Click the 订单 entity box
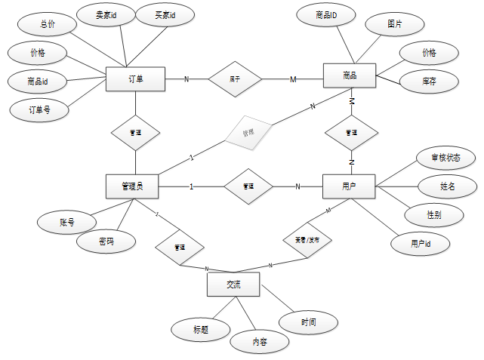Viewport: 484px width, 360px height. click(x=135, y=79)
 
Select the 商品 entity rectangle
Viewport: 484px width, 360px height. click(x=349, y=76)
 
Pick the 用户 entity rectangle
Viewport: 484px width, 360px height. click(x=349, y=186)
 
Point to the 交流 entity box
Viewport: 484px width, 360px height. click(x=233, y=285)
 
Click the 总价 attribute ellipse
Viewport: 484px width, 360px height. click(x=49, y=24)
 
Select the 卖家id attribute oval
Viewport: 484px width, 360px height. click(x=106, y=16)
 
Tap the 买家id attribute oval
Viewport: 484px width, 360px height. click(x=165, y=16)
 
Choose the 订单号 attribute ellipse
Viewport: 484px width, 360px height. click(x=39, y=109)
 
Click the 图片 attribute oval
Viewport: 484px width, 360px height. click(x=394, y=24)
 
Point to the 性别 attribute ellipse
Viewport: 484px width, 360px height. click(x=434, y=214)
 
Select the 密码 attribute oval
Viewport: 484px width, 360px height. click(x=106, y=242)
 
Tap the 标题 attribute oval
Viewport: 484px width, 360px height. click(x=200, y=329)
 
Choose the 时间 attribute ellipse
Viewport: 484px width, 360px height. click(x=308, y=322)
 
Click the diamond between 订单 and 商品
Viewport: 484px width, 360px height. click(x=235, y=78)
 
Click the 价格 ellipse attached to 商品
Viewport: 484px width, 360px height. click(x=429, y=53)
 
